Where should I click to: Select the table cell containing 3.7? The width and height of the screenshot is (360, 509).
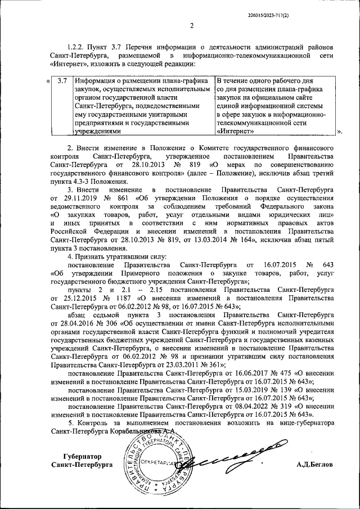point(62,81)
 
